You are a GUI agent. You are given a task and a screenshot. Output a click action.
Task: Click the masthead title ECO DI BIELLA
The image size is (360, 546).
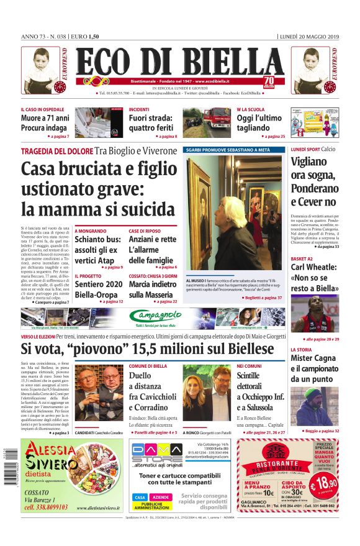(180, 62)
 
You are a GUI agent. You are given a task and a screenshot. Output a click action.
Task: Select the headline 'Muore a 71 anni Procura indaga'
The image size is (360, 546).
(45, 122)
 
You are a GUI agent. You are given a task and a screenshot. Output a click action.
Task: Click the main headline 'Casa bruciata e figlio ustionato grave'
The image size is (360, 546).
(90, 188)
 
